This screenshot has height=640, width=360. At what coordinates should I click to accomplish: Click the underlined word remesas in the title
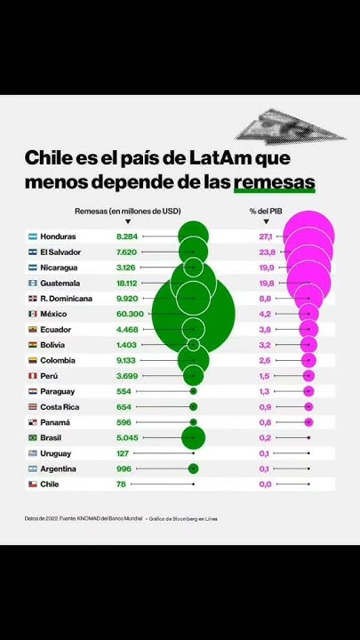click(274, 182)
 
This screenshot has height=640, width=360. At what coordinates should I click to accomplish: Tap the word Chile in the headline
click(48, 158)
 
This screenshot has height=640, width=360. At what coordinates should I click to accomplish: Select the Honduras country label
click(58, 236)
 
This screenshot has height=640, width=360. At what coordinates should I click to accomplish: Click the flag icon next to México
click(32, 314)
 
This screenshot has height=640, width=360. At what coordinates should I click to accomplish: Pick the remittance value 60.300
click(130, 314)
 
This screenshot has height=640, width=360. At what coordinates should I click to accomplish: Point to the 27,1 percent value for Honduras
click(266, 236)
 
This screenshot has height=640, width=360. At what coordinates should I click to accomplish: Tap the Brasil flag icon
click(32, 437)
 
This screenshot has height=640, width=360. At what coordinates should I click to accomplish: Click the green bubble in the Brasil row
click(193, 437)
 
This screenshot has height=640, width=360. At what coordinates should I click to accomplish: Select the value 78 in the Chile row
click(121, 484)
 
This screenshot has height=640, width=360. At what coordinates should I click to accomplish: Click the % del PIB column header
click(265, 211)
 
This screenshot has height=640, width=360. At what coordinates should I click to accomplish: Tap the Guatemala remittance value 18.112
click(130, 283)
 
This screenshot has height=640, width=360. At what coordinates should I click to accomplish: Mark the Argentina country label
click(59, 468)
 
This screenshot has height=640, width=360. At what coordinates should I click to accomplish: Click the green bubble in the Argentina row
click(193, 468)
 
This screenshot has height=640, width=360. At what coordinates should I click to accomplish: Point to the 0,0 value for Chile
click(265, 484)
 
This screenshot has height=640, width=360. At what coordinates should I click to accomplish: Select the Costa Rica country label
click(60, 406)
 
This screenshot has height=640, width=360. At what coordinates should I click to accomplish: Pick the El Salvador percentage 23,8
click(266, 252)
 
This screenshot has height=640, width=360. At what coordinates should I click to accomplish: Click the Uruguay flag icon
click(32, 453)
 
